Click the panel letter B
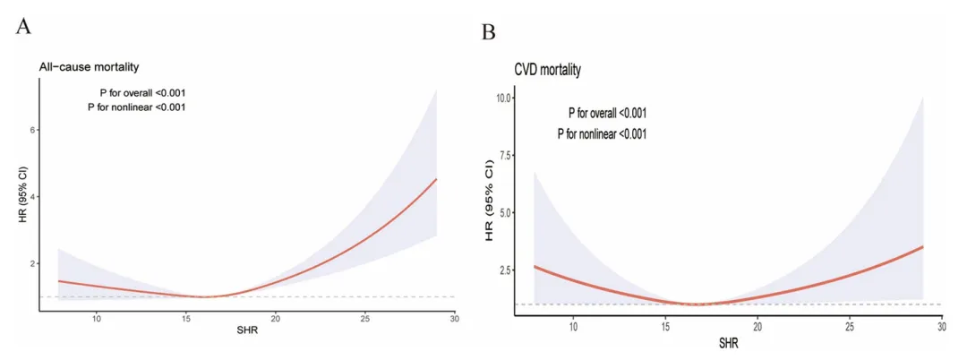tap(489, 33)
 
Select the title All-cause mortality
tap(88, 66)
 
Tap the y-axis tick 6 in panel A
tap(31, 130)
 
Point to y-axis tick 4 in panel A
tap(31, 196)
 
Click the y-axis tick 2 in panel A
tap(31, 263)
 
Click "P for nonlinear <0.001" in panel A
tap(136, 107)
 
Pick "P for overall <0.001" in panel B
tap(607, 113)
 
